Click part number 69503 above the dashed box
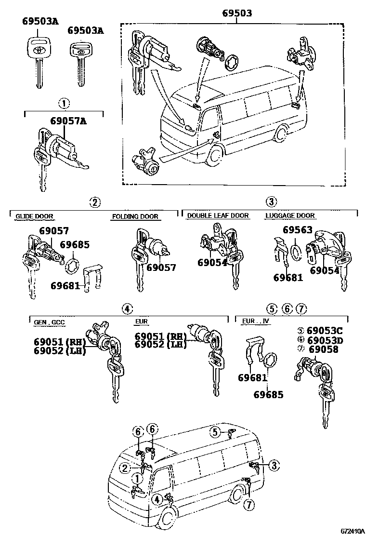(x=236, y=13)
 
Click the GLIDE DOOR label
(x=34, y=216)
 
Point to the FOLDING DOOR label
(x=135, y=216)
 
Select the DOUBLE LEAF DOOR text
(x=218, y=215)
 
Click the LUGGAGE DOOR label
(x=290, y=215)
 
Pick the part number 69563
(x=297, y=230)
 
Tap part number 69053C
(x=325, y=331)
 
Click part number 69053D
(x=325, y=340)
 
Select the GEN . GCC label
(x=49, y=322)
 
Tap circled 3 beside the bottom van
(x=273, y=465)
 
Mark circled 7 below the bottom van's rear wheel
(x=248, y=505)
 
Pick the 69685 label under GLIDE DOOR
(x=75, y=245)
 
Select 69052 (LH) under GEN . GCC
(x=59, y=350)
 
